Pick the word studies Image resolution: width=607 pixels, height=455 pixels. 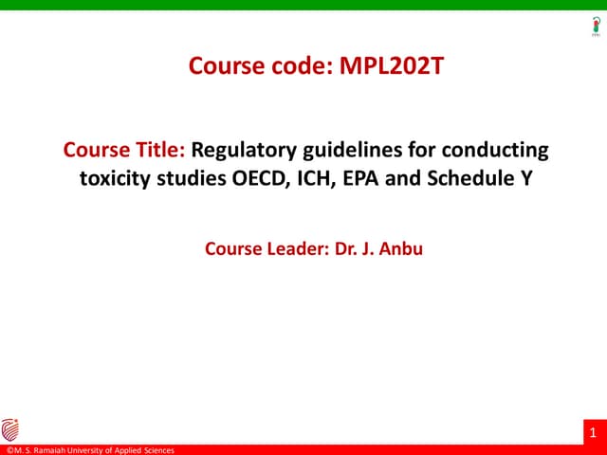tap(194, 176)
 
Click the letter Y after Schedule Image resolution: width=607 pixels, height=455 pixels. tap(523, 176)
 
